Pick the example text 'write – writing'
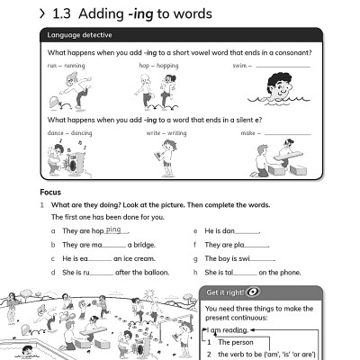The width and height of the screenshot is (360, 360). click(x=166, y=133)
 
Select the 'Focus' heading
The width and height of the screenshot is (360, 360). click(x=50, y=193)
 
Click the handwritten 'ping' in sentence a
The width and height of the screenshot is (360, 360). click(x=112, y=229)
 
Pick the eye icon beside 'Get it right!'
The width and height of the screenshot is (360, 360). click(x=253, y=293)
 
